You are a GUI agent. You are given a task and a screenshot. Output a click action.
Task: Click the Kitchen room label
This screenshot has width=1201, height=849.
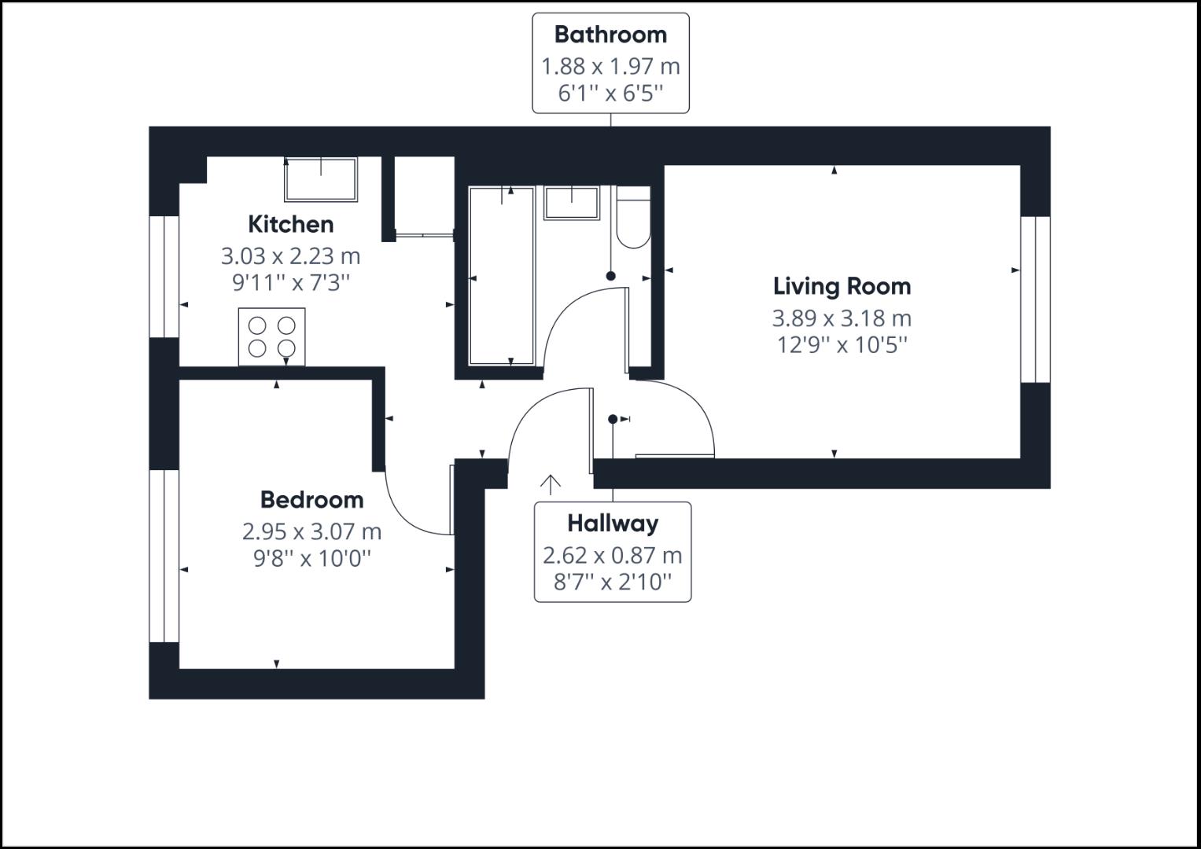coord(290,225)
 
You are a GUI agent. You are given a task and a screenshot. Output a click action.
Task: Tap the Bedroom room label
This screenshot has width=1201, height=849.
coord(311,500)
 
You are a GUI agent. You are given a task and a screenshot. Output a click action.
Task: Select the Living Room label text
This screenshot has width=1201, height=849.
coord(842,286)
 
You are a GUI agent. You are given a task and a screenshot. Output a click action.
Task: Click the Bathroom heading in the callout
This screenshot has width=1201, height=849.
coord(610,35)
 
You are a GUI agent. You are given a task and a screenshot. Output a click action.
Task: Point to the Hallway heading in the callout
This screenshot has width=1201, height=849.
coord(613,524)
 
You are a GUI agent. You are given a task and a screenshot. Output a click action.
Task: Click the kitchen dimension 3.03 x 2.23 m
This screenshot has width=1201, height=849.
coord(290,256)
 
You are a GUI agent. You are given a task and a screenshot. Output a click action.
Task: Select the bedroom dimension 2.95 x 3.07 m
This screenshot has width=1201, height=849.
coord(311,532)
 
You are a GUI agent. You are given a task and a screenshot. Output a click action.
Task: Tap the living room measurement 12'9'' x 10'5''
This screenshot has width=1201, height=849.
coord(842,345)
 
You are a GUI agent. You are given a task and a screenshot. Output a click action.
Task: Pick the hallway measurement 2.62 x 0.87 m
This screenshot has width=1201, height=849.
coord(613,556)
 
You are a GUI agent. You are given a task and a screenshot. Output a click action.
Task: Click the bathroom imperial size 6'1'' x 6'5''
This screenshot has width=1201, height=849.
coord(610,94)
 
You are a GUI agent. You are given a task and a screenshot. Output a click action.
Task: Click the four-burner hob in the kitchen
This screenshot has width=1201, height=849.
coord(272,336)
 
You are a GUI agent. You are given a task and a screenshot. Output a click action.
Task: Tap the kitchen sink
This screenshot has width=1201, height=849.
coord(321,180)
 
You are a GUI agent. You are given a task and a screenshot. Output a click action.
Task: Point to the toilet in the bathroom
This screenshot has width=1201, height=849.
coord(633,219)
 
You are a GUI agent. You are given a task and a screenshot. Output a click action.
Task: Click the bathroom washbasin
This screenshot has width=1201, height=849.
coord(571,202)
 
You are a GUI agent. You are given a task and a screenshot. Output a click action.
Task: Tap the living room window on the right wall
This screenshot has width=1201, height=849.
coord(1036,299)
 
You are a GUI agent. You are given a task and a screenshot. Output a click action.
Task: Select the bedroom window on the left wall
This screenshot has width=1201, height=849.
coord(164,556)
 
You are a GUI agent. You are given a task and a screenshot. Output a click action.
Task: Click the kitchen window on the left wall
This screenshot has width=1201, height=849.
coord(164,277)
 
